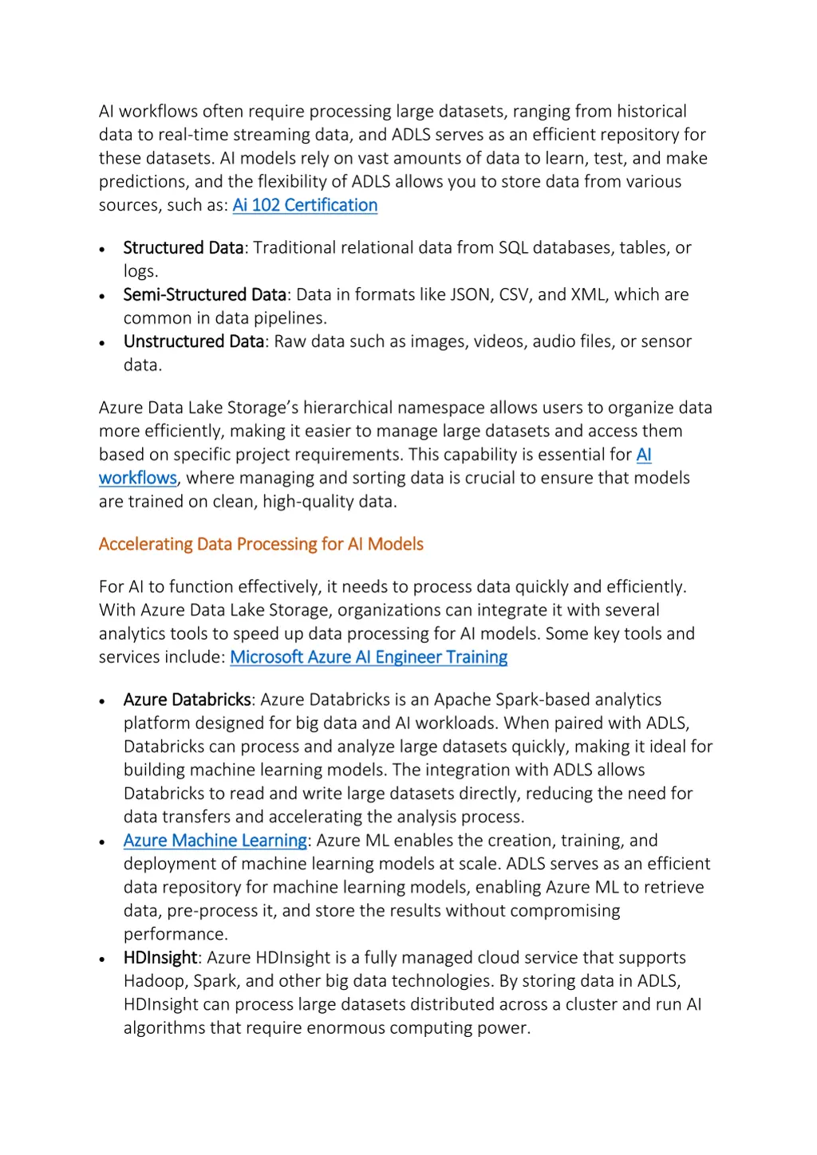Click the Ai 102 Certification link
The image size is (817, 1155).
305,205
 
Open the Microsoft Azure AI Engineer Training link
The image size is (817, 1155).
369,657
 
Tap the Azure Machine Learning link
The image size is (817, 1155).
215,841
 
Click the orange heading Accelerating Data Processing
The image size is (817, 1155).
261,544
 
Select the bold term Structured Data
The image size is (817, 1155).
183,248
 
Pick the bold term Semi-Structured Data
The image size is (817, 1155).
204,295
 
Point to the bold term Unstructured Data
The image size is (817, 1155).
193,341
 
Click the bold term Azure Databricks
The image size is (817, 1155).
187,700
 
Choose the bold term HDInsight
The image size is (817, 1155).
160,957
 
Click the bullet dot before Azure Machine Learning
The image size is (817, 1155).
102,842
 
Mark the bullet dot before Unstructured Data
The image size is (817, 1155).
102,343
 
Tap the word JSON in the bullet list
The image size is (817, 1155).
470,295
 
